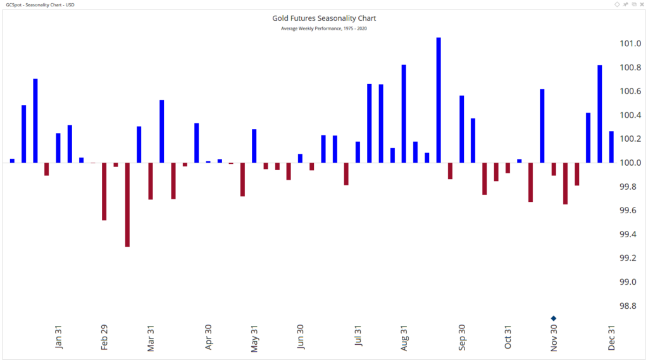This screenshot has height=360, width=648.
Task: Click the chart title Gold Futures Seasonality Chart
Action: pyautogui.click(x=323, y=18)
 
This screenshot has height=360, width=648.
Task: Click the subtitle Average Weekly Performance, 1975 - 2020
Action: pyautogui.click(x=323, y=28)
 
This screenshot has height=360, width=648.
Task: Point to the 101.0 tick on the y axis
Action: pyautogui.click(x=630, y=44)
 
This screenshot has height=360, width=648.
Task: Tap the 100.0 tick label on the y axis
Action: pyautogui.click(x=630, y=163)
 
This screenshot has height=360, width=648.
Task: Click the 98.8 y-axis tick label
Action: pyautogui.click(x=630, y=306)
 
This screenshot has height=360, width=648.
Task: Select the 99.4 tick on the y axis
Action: pyautogui.click(x=630, y=234)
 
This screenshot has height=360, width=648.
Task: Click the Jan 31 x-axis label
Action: pyautogui.click(x=59, y=337)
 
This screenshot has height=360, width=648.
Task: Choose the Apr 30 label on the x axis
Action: pyautogui.click(x=208, y=337)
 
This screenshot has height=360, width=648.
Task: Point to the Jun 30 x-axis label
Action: pyautogui.click(x=301, y=337)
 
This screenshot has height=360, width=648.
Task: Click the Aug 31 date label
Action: pyautogui.click(x=404, y=337)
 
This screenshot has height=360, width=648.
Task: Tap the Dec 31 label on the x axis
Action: pyautogui.click(x=612, y=337)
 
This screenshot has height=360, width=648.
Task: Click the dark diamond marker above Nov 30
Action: pyautogui.click(x=554, y=318)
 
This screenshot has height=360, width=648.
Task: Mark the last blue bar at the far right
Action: pyautogui.click(x=611, y=147)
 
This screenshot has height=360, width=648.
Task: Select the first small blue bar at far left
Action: pyautogui.click(x=12, y=161)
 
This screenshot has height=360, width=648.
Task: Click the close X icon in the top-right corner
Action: pyautogui.click(x=642, y=4)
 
